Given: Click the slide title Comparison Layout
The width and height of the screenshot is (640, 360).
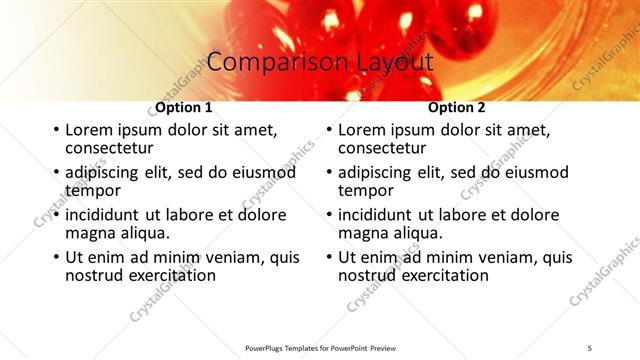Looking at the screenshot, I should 319,62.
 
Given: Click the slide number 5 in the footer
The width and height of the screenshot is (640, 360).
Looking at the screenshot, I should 589,347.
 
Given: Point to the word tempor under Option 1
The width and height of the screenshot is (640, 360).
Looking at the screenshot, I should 93,190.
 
